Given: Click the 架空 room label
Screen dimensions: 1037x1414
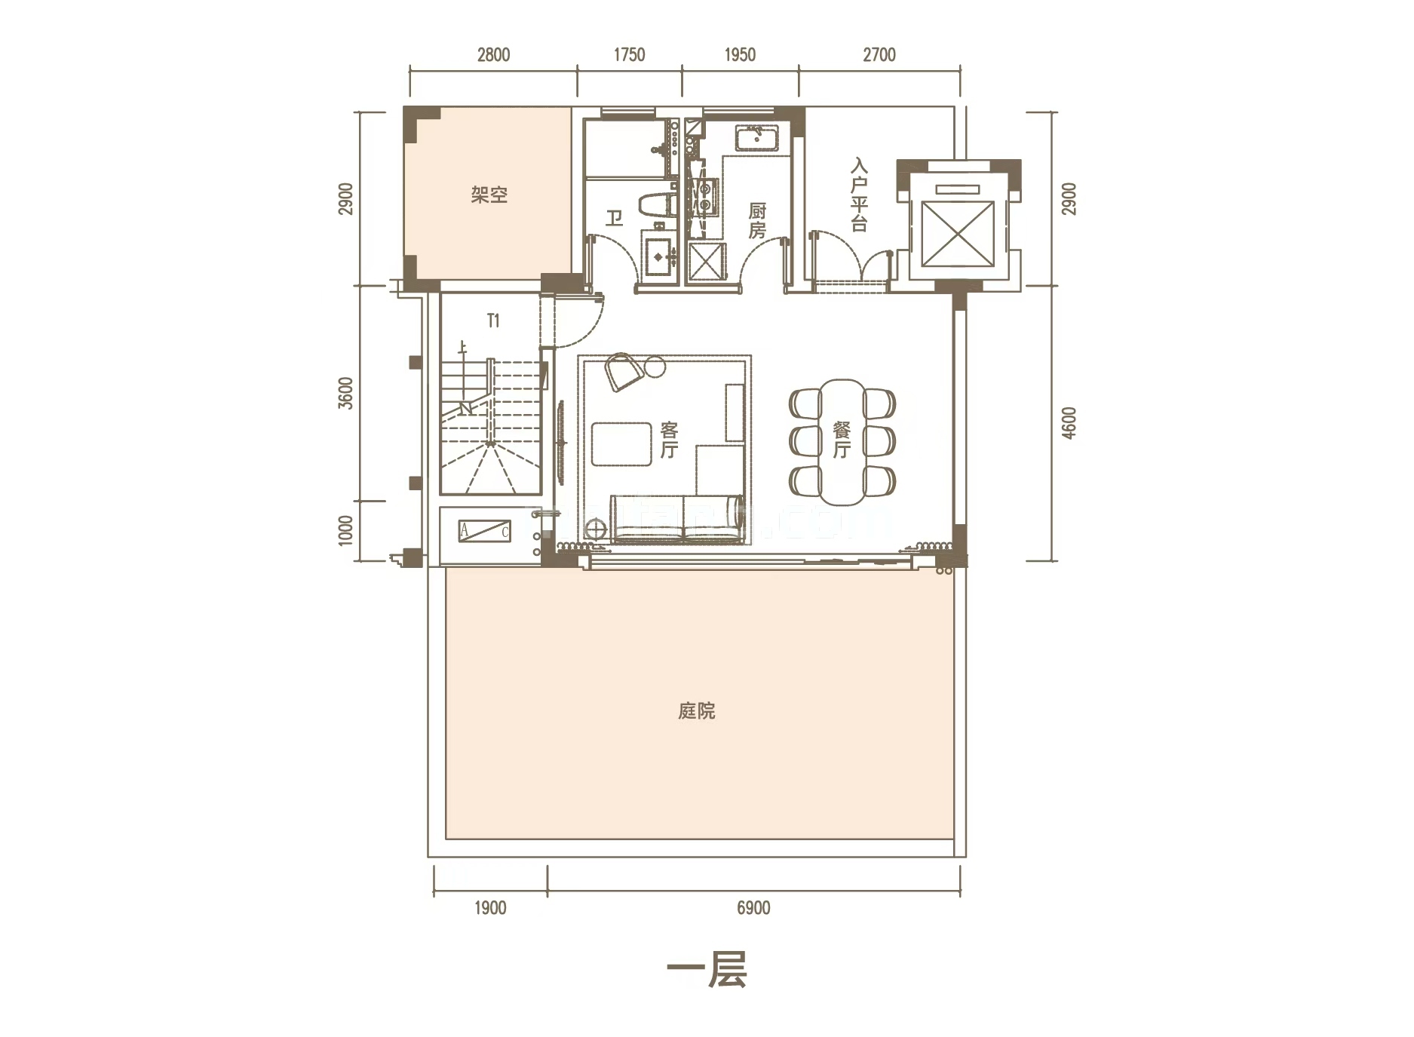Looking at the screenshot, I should (x=489, y=195).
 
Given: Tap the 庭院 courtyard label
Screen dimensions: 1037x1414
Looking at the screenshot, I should (x=696, y=711).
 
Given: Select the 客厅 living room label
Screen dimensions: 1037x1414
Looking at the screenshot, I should (x=669, y=440).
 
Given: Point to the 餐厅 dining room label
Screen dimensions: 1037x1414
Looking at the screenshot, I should (x=842, y=440).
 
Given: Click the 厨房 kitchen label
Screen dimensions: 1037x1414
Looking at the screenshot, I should (x=757, y=220).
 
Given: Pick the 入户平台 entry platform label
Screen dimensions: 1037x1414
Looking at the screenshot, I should (x=859, y=195).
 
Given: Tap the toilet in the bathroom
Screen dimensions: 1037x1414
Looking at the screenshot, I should (x=655, y=206).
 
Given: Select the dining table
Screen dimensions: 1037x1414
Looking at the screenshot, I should (x=842, y=442).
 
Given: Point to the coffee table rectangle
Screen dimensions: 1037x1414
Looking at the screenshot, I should (x=621, y=444).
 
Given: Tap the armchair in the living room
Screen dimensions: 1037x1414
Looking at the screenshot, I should (x=624, y=371).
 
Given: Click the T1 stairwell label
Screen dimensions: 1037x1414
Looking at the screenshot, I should (x=493, y=321).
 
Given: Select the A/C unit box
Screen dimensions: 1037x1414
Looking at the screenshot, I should (x=484, y=531).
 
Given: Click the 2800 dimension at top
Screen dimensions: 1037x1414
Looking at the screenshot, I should (x=493, y=55).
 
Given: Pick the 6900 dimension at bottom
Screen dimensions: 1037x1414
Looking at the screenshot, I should (x=753, y=908).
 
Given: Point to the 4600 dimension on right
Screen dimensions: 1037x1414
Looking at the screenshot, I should (x=1069, y=423).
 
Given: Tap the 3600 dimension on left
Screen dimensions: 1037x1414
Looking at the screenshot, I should (x=345, y=393).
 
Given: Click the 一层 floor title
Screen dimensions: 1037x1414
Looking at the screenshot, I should (x=707, y=970).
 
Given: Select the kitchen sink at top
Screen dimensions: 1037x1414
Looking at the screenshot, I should (x=756, y=140).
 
